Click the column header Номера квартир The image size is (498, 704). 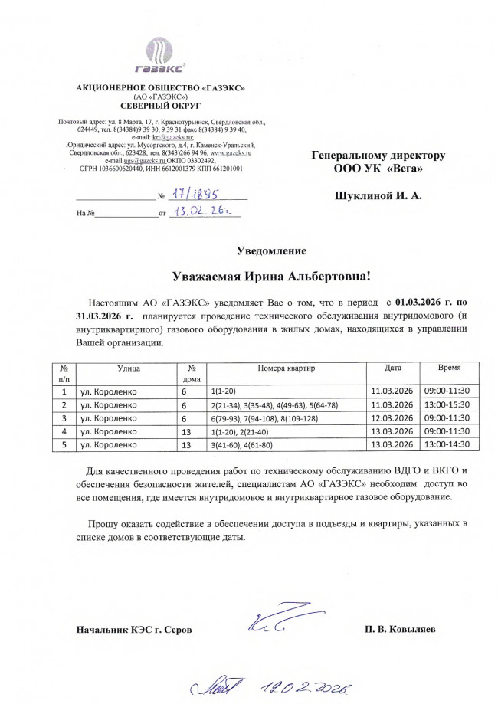(287, 368)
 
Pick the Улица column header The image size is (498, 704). (129, 368)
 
